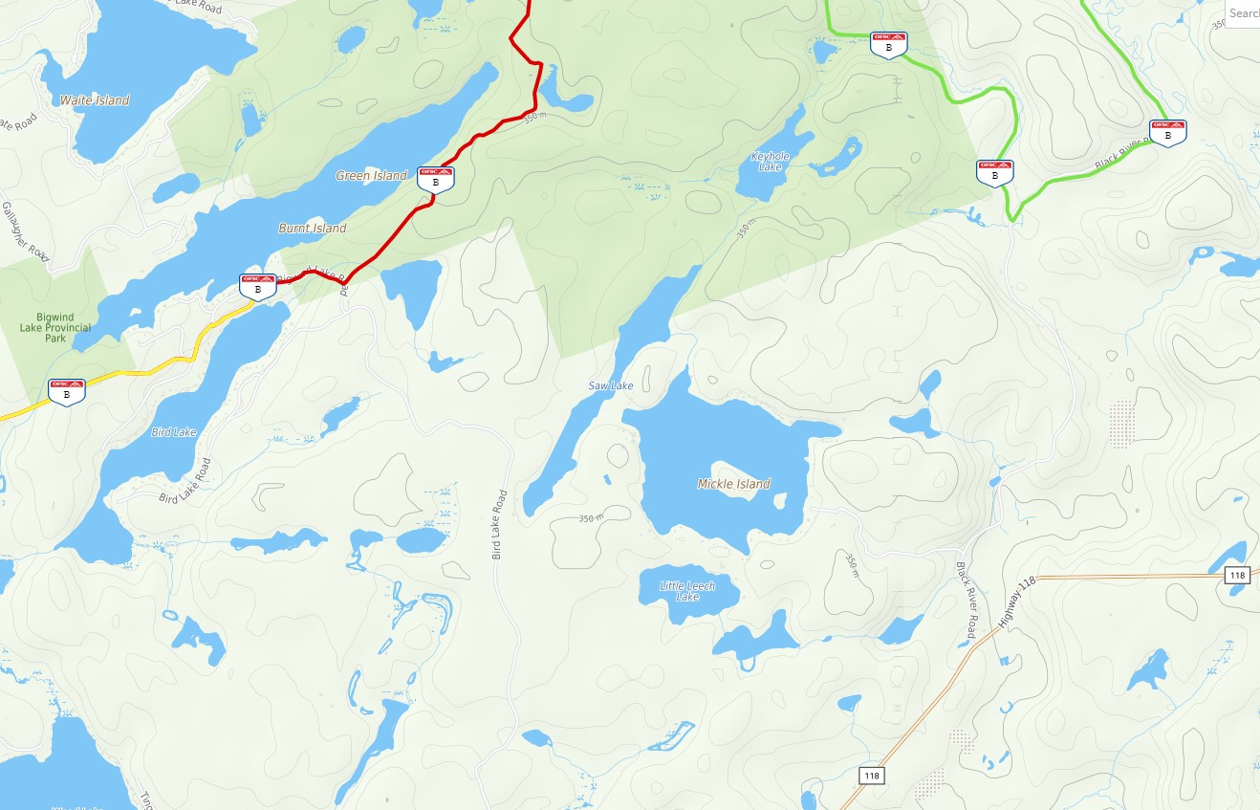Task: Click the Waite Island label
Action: (x=95, y=100)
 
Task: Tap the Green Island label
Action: (x=371, y=176)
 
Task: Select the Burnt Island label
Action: (x=313, y=229)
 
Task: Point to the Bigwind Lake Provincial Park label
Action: (x=55, y=327)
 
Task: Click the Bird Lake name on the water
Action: (x=174, y=432)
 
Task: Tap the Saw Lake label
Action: (x=610, y=386)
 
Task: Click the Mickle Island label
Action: (x=733, y=484)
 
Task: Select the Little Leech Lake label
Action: (x=687, y=591)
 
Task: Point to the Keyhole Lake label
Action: (x=770, y=161)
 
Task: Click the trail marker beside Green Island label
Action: (x=436, y=177)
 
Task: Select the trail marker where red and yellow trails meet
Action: (x=257, y=284)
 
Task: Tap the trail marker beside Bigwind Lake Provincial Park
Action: (x=67, y=390)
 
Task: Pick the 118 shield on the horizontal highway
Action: (x=1237, y=575)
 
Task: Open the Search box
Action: (x=1242, y=13)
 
